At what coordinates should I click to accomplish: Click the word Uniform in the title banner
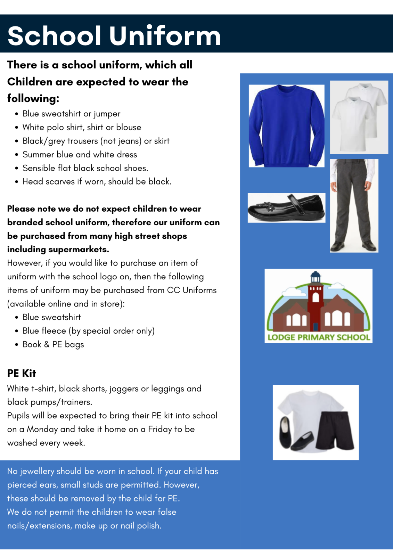click(165, 36)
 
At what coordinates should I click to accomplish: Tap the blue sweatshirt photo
click(286, 126)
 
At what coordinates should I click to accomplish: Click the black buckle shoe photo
click(286, 208)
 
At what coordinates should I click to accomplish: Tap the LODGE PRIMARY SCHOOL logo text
click(318, 337)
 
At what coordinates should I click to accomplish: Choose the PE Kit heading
click(22, 373)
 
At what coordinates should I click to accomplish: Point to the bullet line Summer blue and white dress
click(80, 155)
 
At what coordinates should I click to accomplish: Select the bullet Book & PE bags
click(53, 344)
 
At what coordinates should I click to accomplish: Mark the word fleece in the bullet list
click(55, 331)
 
